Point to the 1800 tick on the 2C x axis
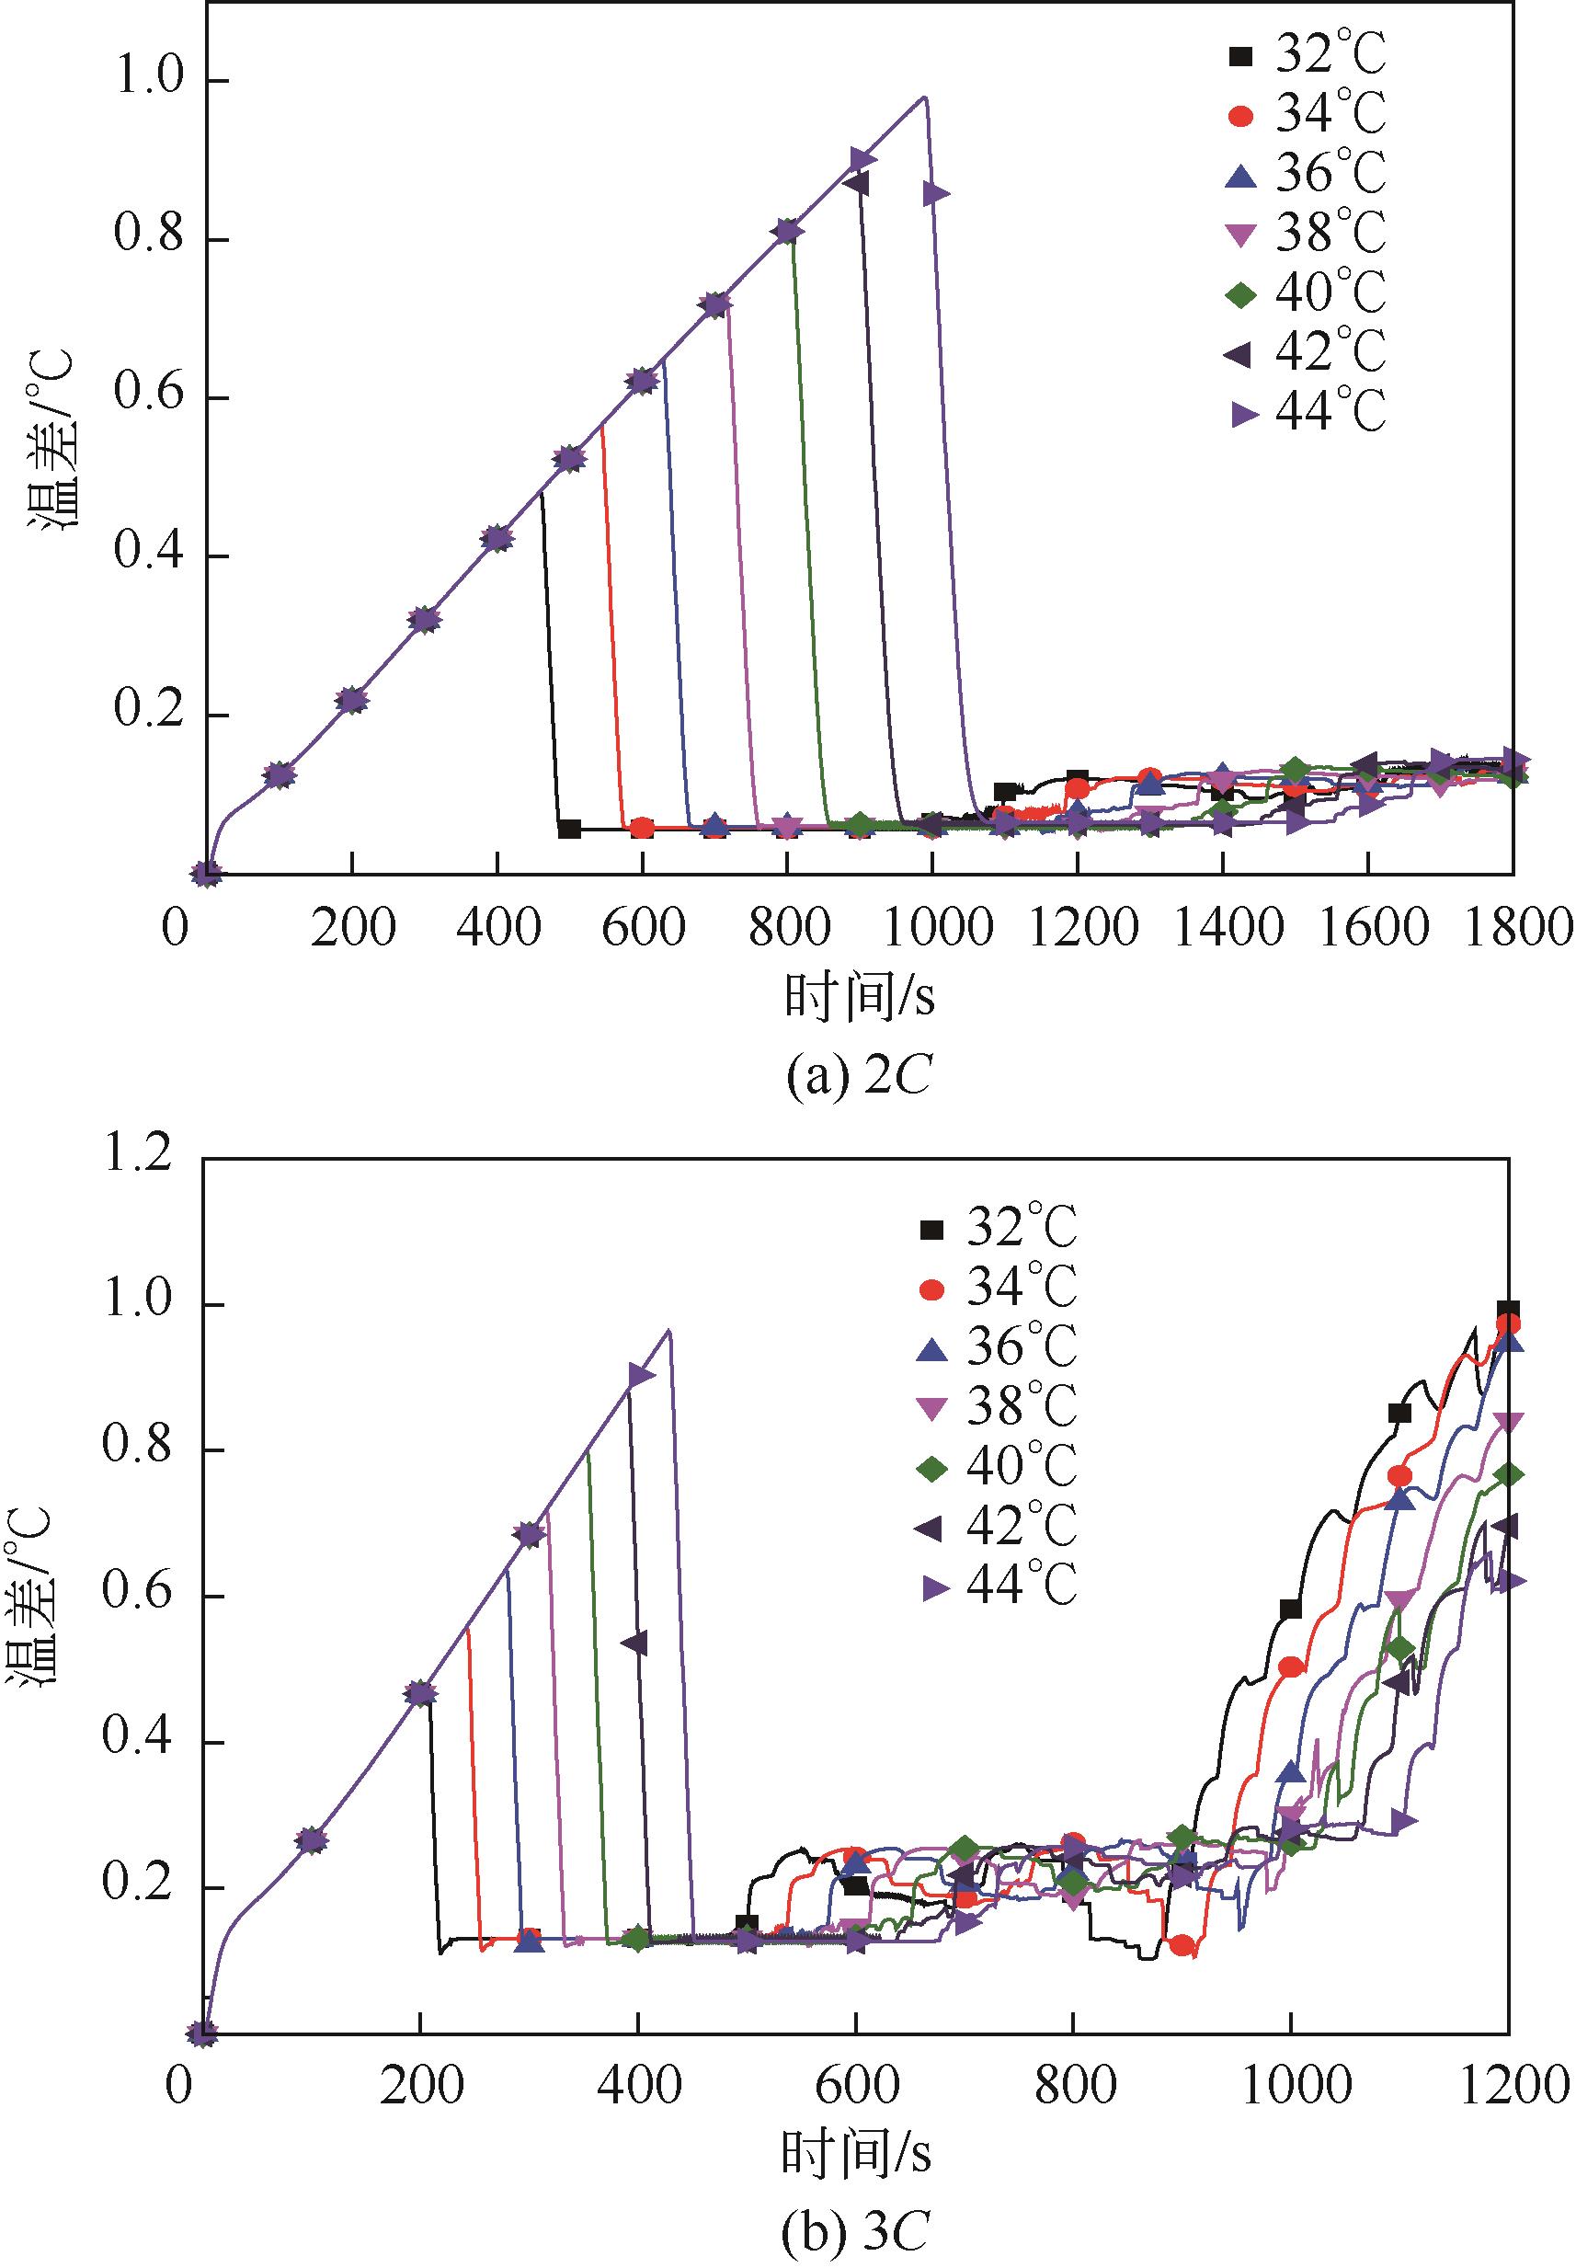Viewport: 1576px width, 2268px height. click(1514, 929)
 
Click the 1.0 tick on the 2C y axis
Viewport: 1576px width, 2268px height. click(149, 80)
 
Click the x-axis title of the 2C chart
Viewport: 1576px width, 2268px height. click(859, 998)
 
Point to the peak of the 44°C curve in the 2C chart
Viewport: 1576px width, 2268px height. click(924, 97)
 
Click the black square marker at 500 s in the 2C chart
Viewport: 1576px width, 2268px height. click(569, 829)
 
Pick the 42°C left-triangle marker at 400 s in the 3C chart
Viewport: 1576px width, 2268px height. click(635, 1643)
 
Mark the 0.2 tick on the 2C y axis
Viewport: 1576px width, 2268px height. click(149, 715)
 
